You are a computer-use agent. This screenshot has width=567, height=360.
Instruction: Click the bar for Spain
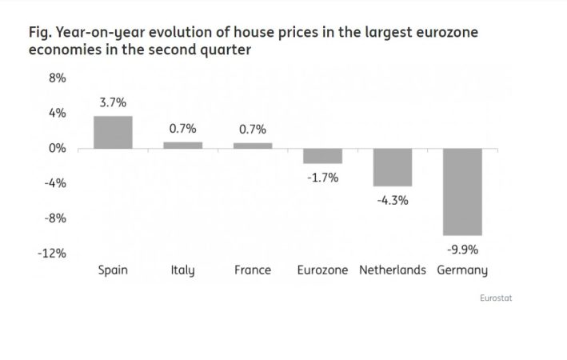tap(113, 132)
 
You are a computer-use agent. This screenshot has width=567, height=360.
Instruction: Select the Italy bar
tap(182, 145)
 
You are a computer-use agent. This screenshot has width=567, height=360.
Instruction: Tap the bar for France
tap(253, 145)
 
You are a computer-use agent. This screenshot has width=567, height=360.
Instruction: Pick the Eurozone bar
tap(322, 156)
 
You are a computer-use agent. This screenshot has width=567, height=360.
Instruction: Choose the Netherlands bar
tap(393, 167)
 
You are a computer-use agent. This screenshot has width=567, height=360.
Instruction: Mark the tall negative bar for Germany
tap(462, 192)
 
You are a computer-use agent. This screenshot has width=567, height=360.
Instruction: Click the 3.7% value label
tap(113, 103)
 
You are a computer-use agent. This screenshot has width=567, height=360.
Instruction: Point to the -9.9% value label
tap(462, 250)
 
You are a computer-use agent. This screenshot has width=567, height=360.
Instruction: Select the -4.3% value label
tap(393, 200)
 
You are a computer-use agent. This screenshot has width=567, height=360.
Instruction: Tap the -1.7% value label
tap(322, 178)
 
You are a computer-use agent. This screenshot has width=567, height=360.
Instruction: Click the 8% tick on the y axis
tap(57, 78)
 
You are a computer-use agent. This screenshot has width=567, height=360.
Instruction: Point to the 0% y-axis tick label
tap(57, 148)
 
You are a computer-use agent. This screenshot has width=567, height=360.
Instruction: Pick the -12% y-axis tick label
tap(53, 254)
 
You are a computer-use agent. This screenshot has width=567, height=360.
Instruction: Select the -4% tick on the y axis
tap(54, 183)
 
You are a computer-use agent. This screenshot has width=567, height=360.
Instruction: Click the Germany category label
tap(462, 270)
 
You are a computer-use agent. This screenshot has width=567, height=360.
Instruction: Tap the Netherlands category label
tap(393, 270)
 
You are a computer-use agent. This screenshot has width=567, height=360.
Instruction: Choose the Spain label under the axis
tap(113, 270)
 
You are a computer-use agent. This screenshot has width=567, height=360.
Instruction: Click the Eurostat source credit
tap(496, 298)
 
